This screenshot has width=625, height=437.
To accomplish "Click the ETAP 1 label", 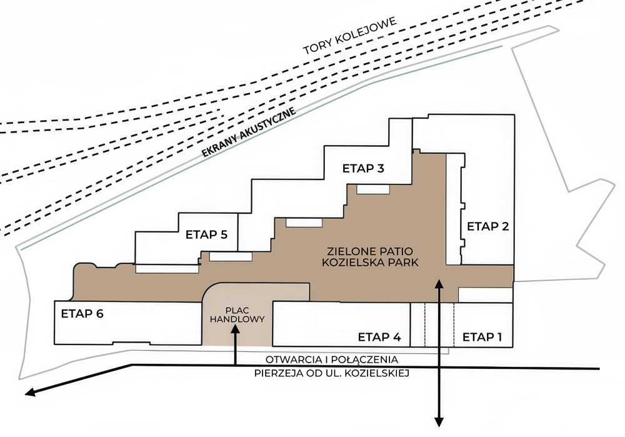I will point(482,337).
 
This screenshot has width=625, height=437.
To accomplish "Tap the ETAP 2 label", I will point(488,226).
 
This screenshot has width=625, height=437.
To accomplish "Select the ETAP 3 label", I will point(363,168).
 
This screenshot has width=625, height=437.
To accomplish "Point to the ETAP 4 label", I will point(379,337).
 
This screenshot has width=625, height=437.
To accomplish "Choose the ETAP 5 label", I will point(206,235).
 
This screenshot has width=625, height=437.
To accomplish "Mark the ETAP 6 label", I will point(82,314).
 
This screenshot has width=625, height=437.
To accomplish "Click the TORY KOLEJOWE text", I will point(351,36).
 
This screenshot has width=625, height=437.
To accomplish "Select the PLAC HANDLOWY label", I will point(237,314).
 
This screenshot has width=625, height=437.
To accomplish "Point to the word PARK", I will point(402,263).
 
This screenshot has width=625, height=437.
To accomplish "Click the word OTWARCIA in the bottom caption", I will point(291,360).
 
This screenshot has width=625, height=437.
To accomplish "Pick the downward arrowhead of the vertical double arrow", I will point(439,422).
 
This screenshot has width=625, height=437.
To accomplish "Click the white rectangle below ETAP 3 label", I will point(372,189).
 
